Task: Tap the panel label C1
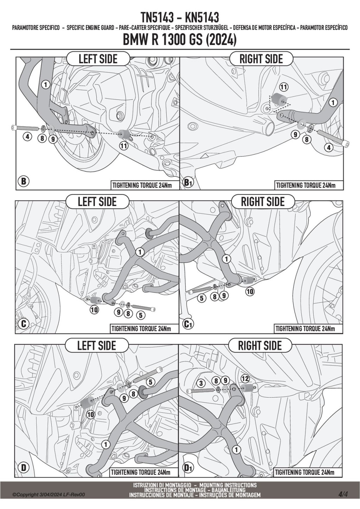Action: click(188, 324)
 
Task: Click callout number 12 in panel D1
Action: click(245, 379)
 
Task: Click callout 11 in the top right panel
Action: click(284, 87)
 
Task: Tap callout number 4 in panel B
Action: click(27, 137)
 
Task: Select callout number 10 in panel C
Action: click(94, 309)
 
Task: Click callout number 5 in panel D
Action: click(150, 382)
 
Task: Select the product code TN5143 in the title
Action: click(157, 18)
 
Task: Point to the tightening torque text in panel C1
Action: click(305, 329)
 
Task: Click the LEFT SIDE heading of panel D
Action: click(97, 346)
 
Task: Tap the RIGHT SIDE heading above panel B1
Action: click(261, 59)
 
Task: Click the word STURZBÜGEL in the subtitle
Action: click(215, 28)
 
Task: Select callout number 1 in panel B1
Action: click(333, 103)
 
